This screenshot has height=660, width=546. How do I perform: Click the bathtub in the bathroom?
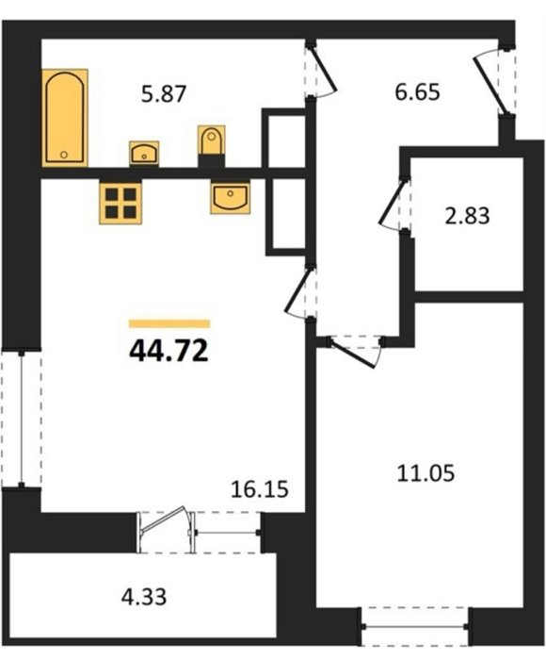click(x=65, y=118)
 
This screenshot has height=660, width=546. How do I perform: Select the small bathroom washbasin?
click(x=144, y=154)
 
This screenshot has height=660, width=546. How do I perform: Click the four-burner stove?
click(x=121, y=202)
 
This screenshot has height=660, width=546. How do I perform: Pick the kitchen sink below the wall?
click(x=231, y=196)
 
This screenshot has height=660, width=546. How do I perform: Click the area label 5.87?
click(x=164, y=94)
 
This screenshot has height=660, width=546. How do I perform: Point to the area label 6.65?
click(x=417, y=92)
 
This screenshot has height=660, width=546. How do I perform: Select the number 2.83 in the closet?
click(x=468, y=216)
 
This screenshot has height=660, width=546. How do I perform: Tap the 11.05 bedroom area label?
click(x=426, y=472)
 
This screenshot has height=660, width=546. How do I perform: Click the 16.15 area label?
click(x=260, y=489)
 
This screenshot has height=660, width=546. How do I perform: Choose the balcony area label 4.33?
click(x=144, y=597)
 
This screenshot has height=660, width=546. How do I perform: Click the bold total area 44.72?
click(x=169, y=351)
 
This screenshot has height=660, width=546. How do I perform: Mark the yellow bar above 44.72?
click(x=169, y=323)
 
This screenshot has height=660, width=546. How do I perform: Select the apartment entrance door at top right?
click(x=491, y=80)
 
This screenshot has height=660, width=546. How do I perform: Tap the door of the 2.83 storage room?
click(x=393, y=205)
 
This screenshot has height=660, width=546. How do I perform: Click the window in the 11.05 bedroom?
click(x=415, y=627)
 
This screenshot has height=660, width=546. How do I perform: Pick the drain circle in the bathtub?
click(x=63, y=155)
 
